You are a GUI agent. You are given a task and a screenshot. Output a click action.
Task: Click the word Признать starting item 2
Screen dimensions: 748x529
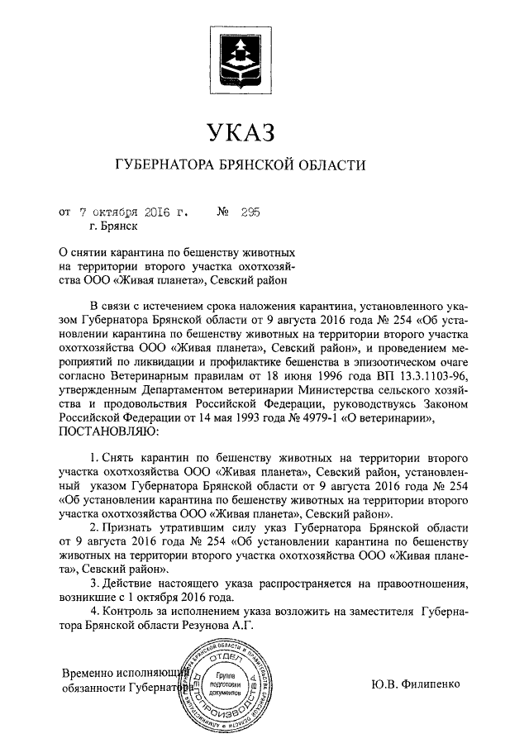(130, 526)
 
